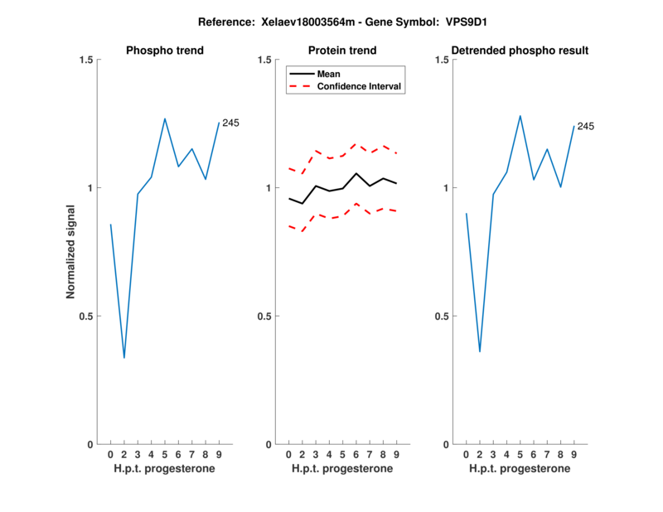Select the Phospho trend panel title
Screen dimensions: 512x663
click(x=164, y=51)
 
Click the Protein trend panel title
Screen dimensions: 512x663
click(x=342, y=51)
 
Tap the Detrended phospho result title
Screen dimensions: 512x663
click(x=520, y=51)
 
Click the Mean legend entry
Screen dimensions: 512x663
click(x=329, y=74)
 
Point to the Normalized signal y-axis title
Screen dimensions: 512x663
click(x=72, y=252)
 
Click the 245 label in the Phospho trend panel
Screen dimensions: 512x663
click(x=230, y=123)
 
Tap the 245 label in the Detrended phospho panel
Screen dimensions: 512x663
click(x=586, y=127)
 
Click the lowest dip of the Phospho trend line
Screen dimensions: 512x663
click(x=124, y=358)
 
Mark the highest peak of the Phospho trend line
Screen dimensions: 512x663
click(x=165, y=118)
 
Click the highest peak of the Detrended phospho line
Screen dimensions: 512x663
click(x=520, y=116)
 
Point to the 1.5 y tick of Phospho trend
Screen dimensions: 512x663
click(x=84, y=60)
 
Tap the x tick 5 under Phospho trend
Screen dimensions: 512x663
click(x=165, y=455)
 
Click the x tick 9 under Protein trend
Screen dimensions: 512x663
click(x=397, y=455)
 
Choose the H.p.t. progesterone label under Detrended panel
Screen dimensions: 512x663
click(x=520, y=469)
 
